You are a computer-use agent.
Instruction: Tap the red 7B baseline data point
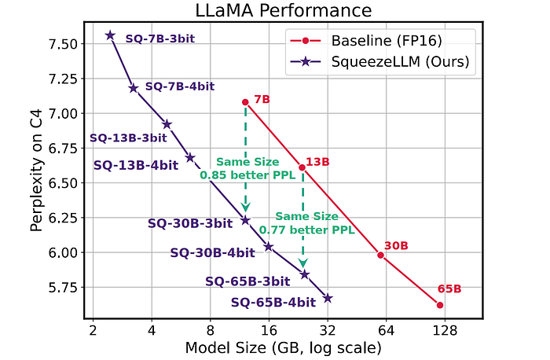[245, 102]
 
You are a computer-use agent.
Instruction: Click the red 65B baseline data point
[440, 305]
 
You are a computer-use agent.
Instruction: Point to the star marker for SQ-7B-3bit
[110, 35]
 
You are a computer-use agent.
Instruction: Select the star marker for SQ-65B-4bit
[328, 299]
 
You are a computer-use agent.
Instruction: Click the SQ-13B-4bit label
[134, 166]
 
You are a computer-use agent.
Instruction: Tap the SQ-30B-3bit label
[190, 223]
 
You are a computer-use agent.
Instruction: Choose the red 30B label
[396, 246]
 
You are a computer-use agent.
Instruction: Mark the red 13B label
[317, 162]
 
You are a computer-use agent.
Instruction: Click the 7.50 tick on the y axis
[64, 44]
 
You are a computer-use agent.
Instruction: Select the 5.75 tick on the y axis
[64, 288]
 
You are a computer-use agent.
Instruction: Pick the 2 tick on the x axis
[93, 330]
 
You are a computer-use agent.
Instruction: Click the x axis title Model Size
[283, 347]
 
